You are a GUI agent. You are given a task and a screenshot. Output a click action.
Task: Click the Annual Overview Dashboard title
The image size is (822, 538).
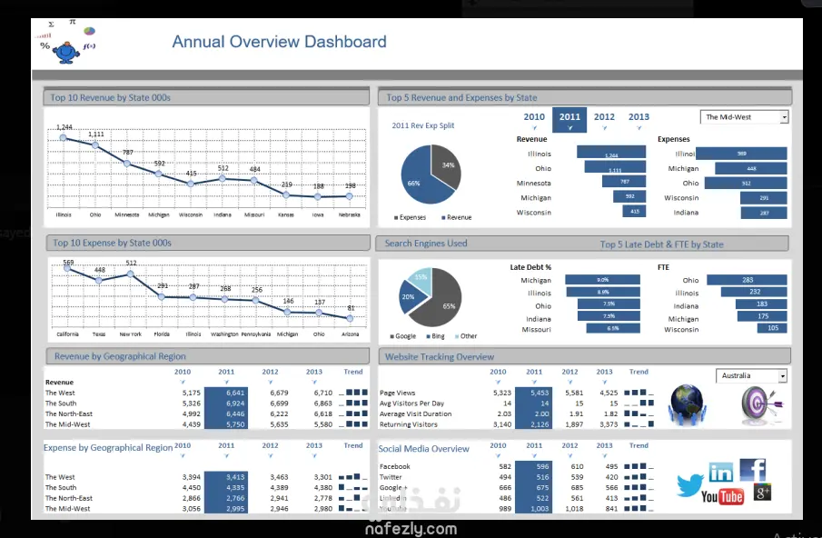click(x=279, y=42)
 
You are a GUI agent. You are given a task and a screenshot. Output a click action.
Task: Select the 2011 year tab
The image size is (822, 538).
click(x=569, y=117)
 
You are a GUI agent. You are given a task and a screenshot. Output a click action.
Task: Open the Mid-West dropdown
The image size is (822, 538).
click(x=745, y=117)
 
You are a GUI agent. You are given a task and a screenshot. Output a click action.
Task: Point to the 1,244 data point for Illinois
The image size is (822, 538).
click(x=64, y=137)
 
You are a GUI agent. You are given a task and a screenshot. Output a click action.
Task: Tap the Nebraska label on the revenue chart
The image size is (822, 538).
click(x=350, y=215)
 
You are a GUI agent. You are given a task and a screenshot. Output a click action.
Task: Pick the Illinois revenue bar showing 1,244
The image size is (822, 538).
click(x=611, y=154)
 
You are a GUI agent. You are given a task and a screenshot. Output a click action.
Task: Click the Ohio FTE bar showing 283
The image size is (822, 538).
click(x=747, y=280)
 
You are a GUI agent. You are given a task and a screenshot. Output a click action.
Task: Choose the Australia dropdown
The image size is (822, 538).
click(x=751, y=376)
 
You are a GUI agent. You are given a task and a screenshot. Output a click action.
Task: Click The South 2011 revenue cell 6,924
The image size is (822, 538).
click(x=226, y=403)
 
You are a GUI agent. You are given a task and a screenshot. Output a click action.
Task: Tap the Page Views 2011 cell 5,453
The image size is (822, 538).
click(x=533, y=393)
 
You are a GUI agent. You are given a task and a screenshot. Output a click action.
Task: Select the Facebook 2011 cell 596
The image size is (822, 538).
click(x=533, y=466)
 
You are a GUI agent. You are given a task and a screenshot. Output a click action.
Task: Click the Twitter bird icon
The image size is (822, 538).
click(x=690, y=484)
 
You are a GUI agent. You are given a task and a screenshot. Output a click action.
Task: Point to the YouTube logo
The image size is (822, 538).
click(x=722, y=496)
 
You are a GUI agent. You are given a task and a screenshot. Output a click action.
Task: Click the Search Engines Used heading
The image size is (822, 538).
click(x=426, y=244)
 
